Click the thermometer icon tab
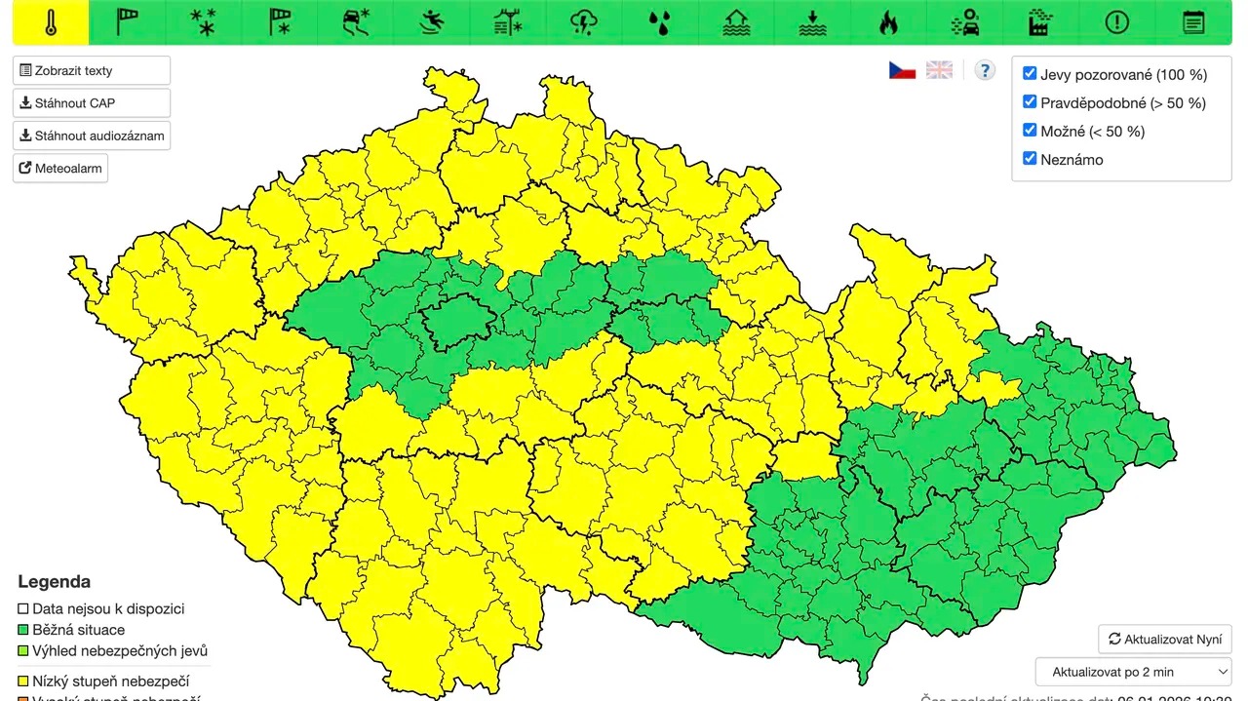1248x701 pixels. coord(51,22)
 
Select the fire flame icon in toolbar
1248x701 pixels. coord(887,22)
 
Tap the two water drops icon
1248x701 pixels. coord(660,22)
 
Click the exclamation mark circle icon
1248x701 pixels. coord(1116,22)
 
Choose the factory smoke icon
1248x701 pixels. coord(1040,22)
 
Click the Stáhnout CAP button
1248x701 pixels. coord(92,103)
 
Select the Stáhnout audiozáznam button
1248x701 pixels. coord(92,136)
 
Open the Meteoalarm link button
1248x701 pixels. coord(60,169)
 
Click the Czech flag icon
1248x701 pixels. coord(902,70)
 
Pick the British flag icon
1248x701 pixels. coord(939,70)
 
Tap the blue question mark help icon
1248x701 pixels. coord(985,70)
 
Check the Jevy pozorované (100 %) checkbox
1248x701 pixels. coord(1030,74)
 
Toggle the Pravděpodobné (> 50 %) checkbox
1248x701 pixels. coord(1030,102)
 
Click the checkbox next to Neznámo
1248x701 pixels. coord(1030,158)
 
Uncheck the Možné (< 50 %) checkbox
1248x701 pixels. coord(1030,130)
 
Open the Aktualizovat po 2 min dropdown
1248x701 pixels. coord(1133,672)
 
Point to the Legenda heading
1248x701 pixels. coord(54,582)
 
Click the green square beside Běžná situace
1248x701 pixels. coord(23,630)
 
